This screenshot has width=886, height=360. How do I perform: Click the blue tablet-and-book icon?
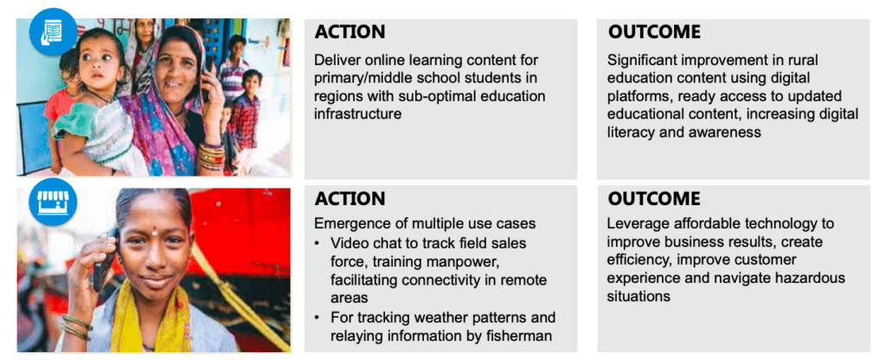(53, 30)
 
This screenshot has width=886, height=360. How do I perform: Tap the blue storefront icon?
(53, 202)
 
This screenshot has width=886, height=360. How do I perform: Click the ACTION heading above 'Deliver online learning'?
(350, 32)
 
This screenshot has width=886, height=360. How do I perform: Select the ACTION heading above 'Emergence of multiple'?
(350, 198)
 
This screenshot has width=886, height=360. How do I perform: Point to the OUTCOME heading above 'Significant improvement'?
(654, 32)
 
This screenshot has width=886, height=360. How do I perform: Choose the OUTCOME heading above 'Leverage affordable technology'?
(654, 198)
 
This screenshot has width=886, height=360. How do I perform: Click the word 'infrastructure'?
(357, 114)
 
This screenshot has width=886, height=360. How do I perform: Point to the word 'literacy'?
(629, 132)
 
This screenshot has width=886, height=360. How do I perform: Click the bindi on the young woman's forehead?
(154, 231)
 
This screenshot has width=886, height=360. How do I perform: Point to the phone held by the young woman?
(106, 260)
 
